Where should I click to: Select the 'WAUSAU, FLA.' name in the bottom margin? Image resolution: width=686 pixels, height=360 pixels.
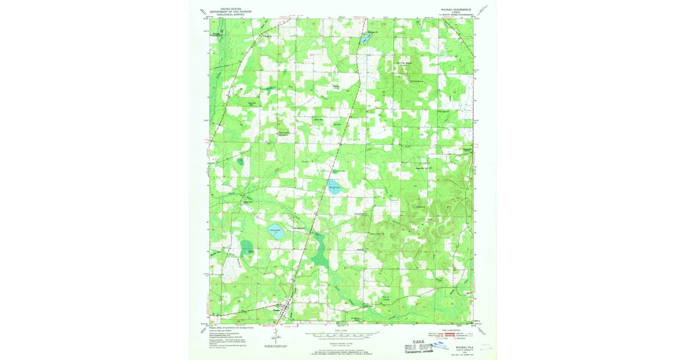464,347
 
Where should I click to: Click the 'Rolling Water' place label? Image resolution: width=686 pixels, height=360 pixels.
404,62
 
